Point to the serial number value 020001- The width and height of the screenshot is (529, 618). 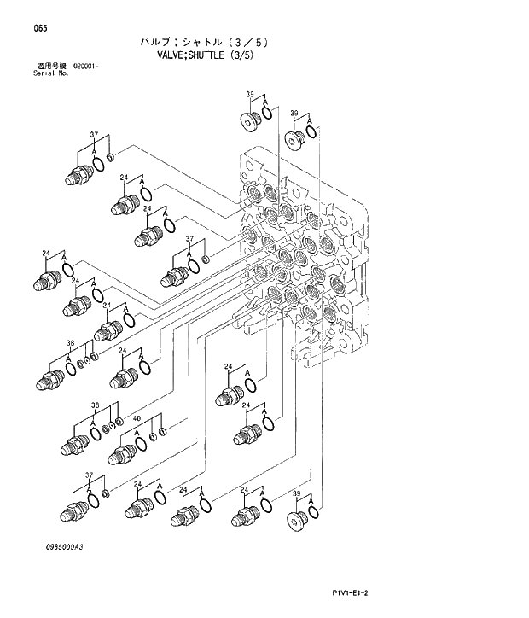click(x=85, y=66)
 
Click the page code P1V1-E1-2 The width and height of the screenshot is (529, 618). click(x=355, y=592)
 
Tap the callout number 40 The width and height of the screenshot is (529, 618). click(x=137, y=417)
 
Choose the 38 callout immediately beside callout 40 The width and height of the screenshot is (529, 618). click(x=96, y=405)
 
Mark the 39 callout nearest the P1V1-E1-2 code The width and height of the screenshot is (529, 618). click(x=295, y=493)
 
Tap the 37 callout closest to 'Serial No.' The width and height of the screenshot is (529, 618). click(x=94, y=135)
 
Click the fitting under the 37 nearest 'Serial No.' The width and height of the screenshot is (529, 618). click(x=78, y=175)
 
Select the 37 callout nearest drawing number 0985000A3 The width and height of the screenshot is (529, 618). click(x=89, y=474)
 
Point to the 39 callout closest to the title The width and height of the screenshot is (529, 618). click(x=250, y=94)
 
